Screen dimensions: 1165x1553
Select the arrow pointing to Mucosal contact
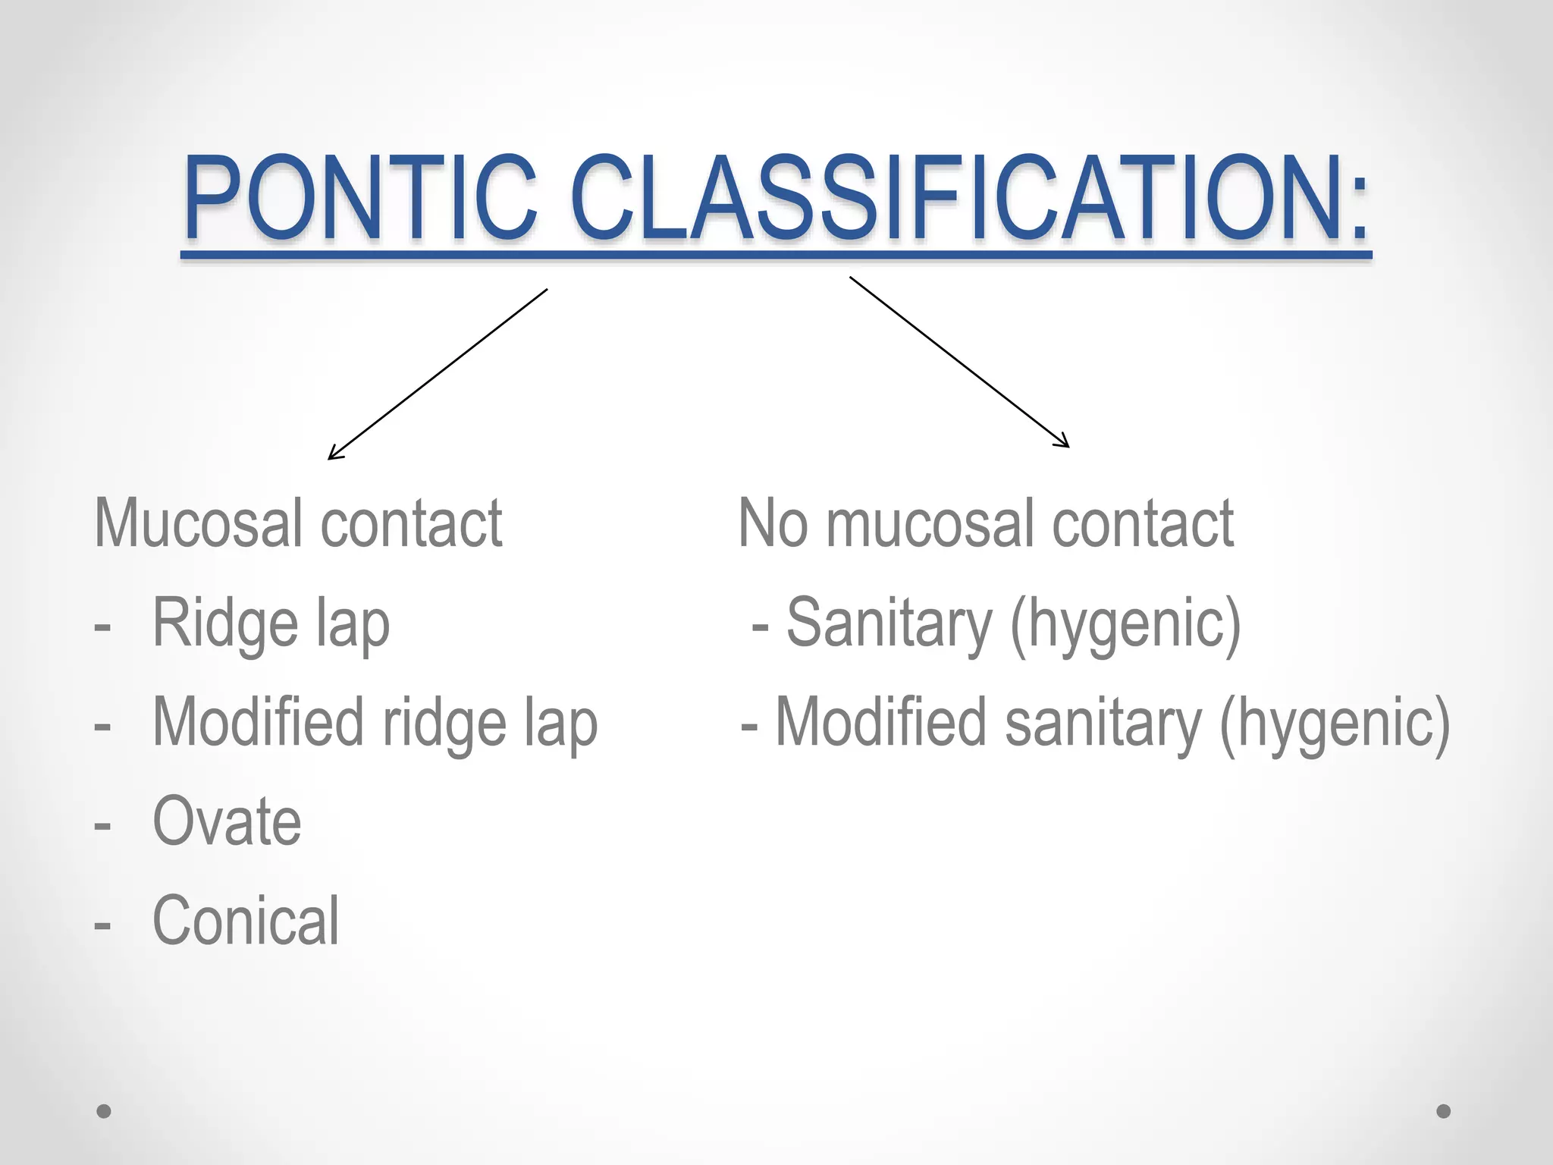(438, 374)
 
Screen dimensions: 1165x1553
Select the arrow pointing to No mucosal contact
(959, 362)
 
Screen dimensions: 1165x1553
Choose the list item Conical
(246, 921)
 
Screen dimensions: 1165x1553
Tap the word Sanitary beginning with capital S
(889, 623)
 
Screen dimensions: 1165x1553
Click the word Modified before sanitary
(881, 723)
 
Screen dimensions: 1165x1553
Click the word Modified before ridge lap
(259, 723)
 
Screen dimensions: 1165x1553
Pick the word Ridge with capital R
(224, 623)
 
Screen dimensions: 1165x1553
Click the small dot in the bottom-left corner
(104, 1111)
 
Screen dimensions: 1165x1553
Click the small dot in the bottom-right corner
(1444, 1111)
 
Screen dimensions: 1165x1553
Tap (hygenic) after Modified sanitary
(1335, 724)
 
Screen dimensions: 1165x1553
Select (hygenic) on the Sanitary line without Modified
(1125, 625)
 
